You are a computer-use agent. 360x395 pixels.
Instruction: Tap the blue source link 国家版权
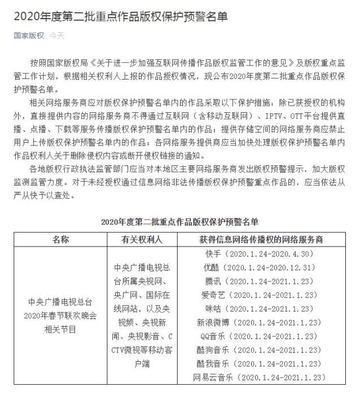[29, 35]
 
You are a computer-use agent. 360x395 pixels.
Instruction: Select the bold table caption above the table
[179, 221]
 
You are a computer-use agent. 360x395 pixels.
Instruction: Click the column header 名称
[60, 240]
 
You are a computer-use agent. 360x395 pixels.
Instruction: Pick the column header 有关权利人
[142, 240]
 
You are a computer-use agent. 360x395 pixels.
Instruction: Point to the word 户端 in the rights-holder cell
[142, 364]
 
